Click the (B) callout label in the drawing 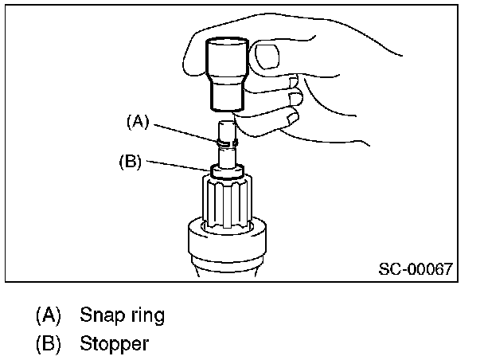point(130,162)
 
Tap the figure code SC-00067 point(415,268)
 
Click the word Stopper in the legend point(114,344)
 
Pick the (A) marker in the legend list point(49,315)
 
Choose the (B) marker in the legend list point(49,344)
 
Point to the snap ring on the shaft point(227,142)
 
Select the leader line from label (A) point(183,132)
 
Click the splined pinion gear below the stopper point(228,203)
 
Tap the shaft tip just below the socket point(226,126)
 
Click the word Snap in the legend point(99,315)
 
